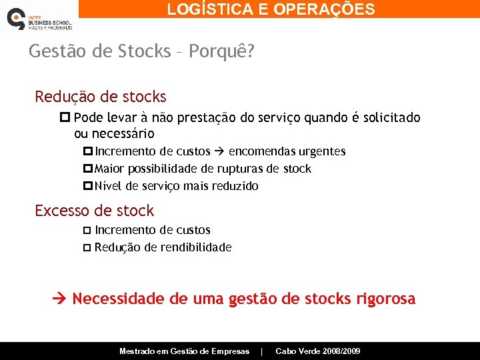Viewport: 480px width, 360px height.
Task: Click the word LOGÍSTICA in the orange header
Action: tap(204, 9)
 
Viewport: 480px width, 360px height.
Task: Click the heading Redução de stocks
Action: tap(101, 97)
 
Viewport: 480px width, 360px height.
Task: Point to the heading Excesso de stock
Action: tap(94, 211)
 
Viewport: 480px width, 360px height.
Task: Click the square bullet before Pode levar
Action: tap(65, 118)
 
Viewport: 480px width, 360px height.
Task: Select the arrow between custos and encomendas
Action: tap(219, 152)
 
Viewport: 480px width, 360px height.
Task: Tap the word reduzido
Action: tap(235, 186)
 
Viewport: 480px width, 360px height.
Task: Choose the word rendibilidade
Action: tap(195, 247)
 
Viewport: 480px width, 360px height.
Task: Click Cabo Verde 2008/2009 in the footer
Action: tap(318, 351)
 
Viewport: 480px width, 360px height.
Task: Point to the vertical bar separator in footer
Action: tap(262, 351)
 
